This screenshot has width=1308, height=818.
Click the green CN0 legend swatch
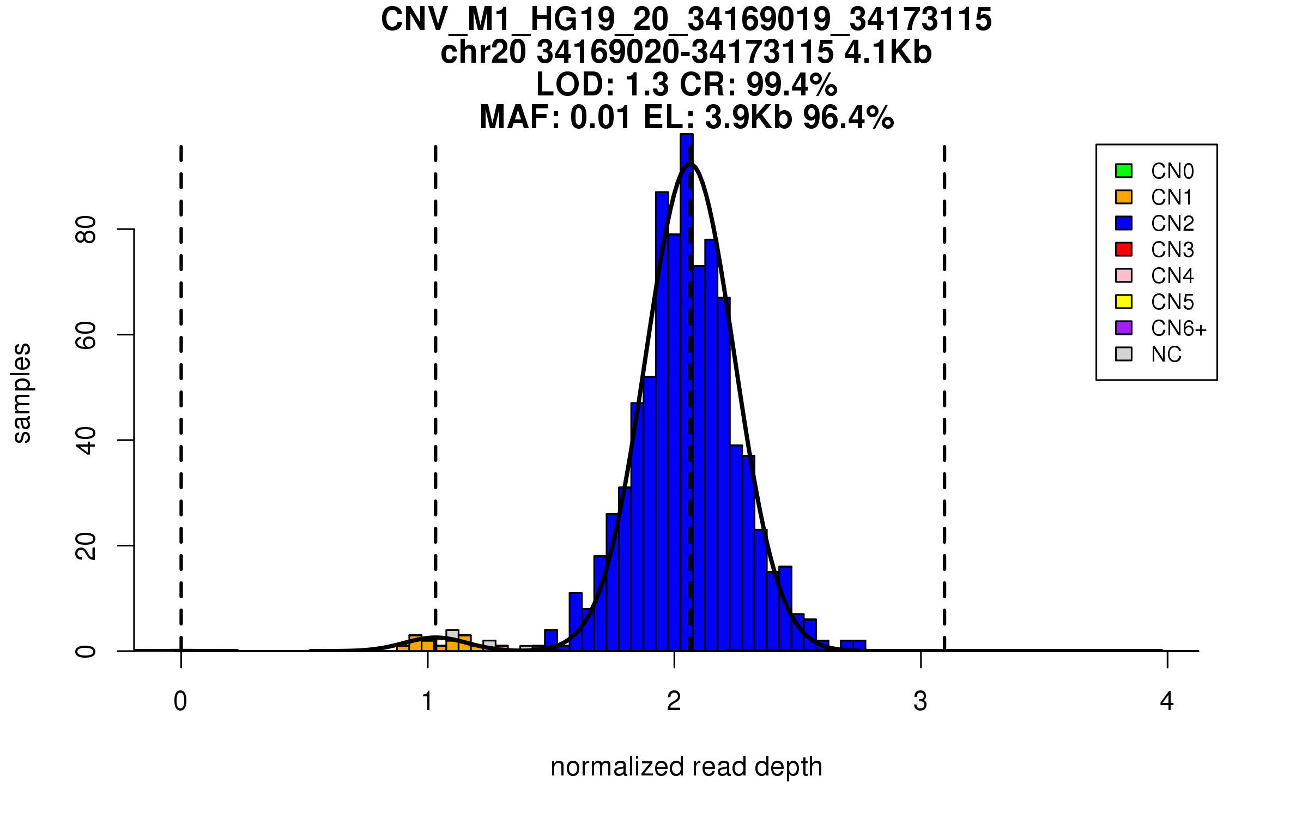coord(1124,171)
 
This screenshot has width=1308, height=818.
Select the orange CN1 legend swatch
coord(1124,197)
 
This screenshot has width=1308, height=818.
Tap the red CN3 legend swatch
coord(1124,249)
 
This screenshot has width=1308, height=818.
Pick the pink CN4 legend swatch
coord(1124,275)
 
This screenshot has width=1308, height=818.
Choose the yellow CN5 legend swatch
coord(1124,302)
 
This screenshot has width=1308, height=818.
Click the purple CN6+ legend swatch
coord(1124,328)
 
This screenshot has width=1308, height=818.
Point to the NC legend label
coord(1166,354)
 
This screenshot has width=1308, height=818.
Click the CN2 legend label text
coord(1172,224)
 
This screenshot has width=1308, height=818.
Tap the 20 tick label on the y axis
coord(86,546)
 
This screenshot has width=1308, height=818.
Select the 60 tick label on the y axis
coord(86,335)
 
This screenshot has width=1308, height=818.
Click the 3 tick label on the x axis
coord(921,701)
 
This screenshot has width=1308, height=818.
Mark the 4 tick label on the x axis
coord(1167,701)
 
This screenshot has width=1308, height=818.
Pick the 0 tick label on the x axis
coord(180,701)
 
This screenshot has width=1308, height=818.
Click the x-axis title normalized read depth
coord(686,767)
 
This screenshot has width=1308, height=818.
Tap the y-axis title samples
coord(22,393)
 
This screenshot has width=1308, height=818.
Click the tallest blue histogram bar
coord(687,382)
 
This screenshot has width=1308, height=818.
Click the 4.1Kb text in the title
coord(888,52)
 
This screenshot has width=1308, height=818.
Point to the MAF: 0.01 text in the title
coord(555,117)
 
